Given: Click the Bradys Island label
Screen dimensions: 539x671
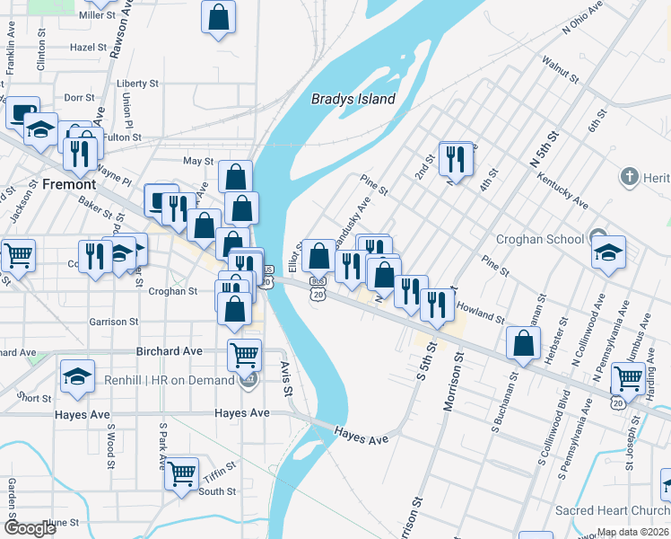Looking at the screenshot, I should (x=353, y=99).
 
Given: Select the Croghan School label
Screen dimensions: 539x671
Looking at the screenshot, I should (x=539, y=240).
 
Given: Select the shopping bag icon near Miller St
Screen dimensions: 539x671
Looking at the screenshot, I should (x=218, y=16).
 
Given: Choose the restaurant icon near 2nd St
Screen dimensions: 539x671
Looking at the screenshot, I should (x=456, y=159).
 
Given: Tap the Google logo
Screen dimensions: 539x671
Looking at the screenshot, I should (x=30, y=527).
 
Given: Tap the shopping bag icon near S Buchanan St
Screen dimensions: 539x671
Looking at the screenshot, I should (x=523, y=343).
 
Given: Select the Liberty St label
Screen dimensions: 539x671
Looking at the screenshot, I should (x=137, y=84).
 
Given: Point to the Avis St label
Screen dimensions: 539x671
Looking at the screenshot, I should (x=286, y=380).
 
